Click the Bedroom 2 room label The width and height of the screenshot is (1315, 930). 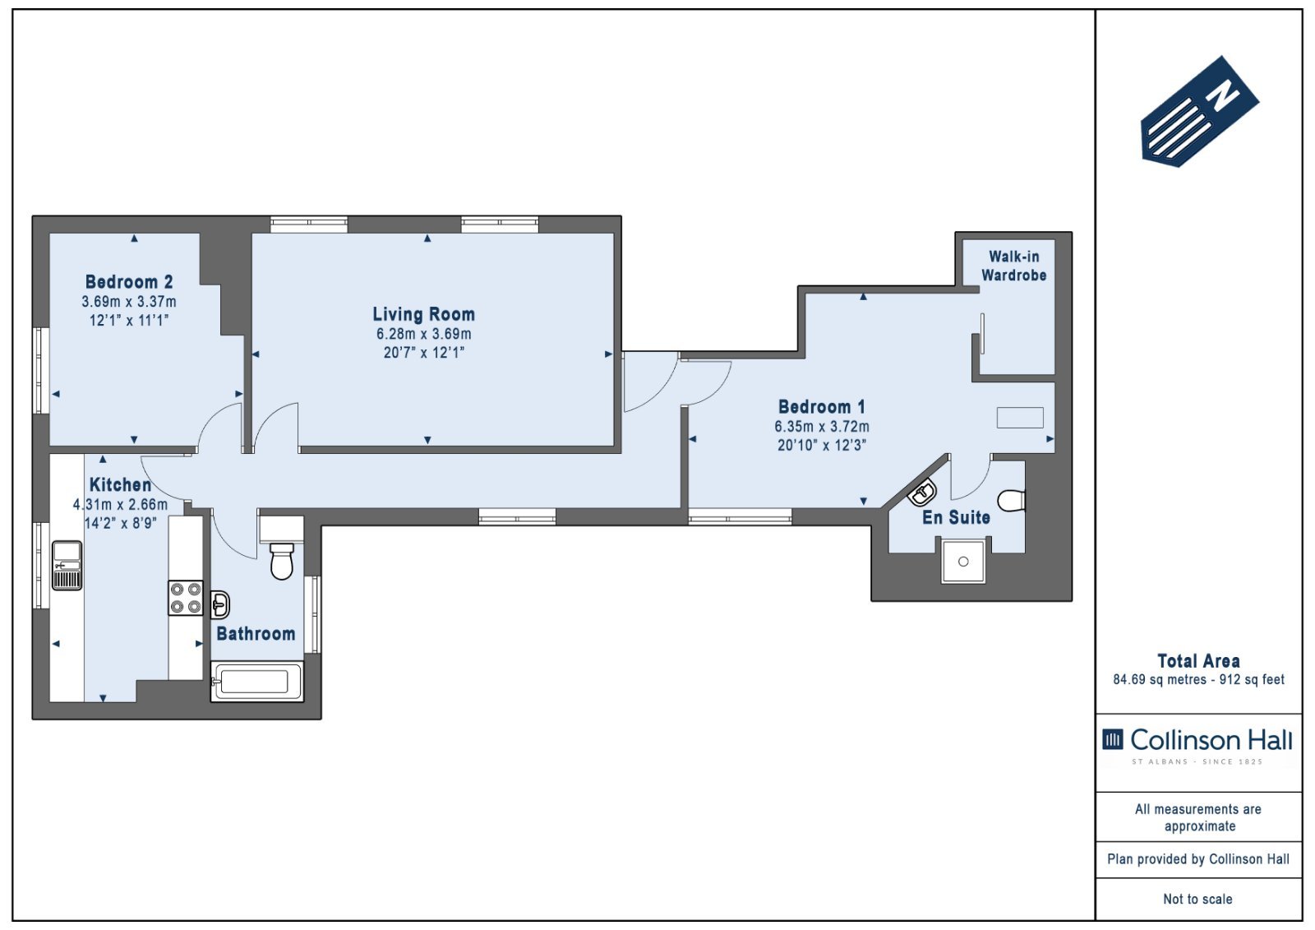click(x=129, y=282)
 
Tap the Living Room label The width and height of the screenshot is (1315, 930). click(x=424, y=314)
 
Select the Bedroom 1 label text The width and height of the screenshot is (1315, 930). click(x=822, y=406)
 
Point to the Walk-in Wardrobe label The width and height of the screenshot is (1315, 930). click(x=1014, y=266)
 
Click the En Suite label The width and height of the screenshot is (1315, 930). click(x=957, y=517)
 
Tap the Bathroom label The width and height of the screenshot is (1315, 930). click(x=256, y=634)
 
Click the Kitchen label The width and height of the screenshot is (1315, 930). click(x=120, y=485)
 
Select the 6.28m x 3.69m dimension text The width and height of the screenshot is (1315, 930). click(x=424, y=335)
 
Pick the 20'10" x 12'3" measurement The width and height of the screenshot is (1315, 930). click(x=822, y=446)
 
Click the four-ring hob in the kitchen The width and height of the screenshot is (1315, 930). click(x=186, y=598)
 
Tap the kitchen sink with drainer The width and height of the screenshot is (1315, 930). click(x=67, y=565)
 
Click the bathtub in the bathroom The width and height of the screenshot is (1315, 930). click(x=257, y=682)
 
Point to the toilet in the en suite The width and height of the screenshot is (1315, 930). click(x=1012, y=501)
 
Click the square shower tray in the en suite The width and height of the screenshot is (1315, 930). click(x=963, y=562)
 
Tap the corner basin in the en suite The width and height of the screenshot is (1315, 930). click(x=922, y=493)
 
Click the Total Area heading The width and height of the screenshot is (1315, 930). click(x=1199, y=661)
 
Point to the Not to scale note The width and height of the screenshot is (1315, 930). click(x=1198, y=899)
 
